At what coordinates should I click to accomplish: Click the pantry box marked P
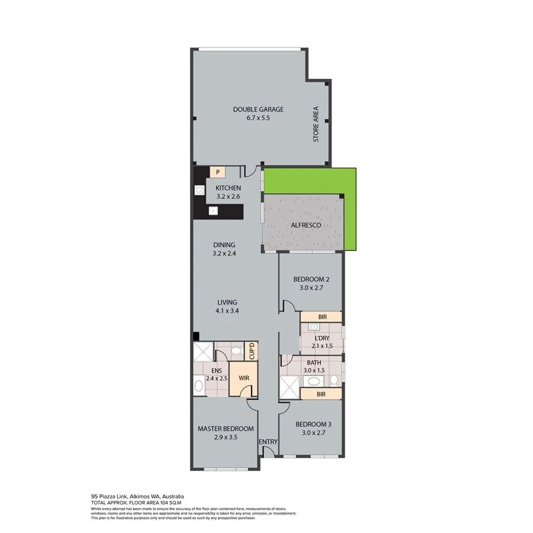(x=218, y=172)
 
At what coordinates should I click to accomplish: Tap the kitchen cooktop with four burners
(x=199, y=191)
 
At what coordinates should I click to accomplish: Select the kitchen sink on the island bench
(x=213, y=210)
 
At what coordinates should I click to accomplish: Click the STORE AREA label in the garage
(x=316, y=124)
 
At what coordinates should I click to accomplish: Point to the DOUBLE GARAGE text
(x=258, y=109)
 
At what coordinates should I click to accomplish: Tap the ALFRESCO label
(x=306, y=226)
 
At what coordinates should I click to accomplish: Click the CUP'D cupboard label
(x=252, y=351)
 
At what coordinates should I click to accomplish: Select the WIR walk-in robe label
(x=243, y=377)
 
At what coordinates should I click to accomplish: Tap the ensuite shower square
(x=203, y=352)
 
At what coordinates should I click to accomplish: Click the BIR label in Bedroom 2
(x=322, y=317)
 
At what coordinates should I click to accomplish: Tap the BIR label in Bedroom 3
(x=322, y=393)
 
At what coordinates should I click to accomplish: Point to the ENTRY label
(x=268, y=442)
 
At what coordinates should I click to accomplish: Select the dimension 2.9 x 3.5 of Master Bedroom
(x=225, y=438)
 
